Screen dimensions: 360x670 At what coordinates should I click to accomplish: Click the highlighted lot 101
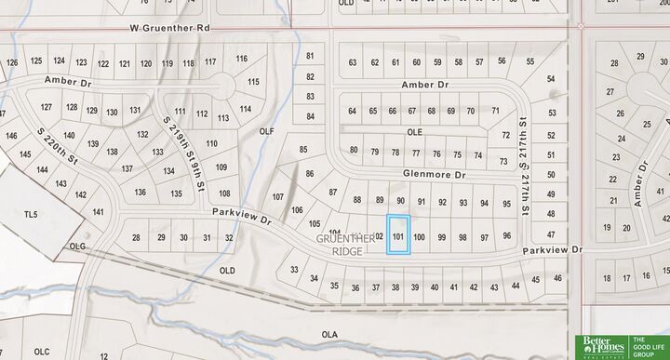tap(398, 235)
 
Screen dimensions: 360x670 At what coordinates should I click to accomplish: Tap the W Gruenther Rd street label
tap(171, 29)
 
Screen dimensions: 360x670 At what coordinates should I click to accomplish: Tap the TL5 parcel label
tap(31, 214)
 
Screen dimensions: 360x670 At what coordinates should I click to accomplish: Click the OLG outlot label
tap(76, 247)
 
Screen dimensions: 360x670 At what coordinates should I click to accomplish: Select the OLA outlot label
tap(328, 333)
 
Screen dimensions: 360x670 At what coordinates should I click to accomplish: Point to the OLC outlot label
tap(41, 352)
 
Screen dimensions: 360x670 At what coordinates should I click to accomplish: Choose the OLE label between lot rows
tap(415, 132)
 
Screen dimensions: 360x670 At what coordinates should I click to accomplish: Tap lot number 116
tap(242, 59)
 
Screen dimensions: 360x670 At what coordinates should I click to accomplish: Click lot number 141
tap(99, 212)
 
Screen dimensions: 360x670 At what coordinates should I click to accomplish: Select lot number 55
tap(530, 61)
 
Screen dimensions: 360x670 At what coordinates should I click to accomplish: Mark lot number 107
tap(277, 196)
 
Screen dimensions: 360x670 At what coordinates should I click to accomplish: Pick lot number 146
tap(12, 136)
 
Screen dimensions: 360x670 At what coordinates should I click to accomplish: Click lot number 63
tap(353, 62)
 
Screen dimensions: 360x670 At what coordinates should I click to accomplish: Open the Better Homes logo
tap(602, 346)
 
